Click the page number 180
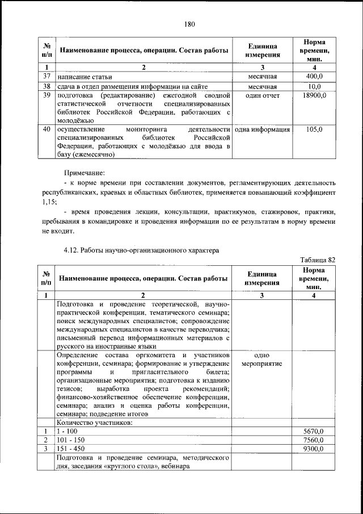189,24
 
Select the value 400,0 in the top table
314,76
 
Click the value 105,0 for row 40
314,129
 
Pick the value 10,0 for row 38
314,86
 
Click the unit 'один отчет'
263,95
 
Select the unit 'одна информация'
263,129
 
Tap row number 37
47,76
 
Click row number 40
47,129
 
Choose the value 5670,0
313,431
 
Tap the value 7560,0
313,440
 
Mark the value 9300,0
313,449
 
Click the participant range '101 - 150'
70,440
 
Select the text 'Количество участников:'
95,422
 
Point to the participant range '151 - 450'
70,449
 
